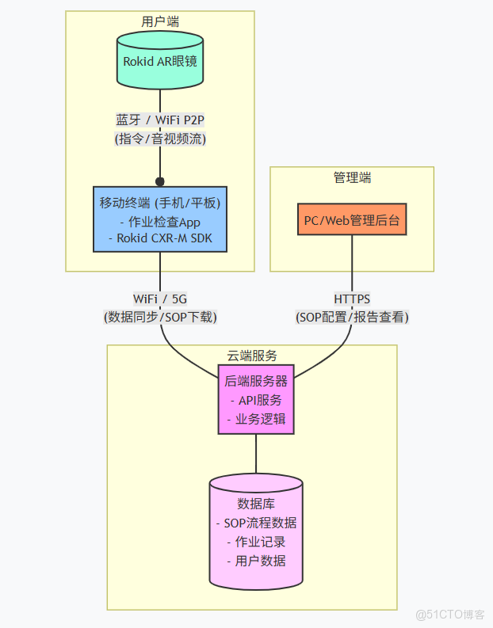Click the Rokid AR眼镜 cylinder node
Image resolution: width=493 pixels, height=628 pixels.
click(159, 60)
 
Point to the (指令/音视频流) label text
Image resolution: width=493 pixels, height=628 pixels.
click(160, 139)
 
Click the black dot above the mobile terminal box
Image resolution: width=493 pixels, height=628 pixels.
click(159, 181)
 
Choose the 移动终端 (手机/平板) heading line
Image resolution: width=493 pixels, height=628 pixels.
click(160, 202)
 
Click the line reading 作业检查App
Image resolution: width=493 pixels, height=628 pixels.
click(160, 221)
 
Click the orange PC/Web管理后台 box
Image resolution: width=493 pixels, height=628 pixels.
click(352, 220)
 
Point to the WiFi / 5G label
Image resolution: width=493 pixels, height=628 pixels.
click(160, 299)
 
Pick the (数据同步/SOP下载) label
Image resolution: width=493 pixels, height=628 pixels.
click(160, 317)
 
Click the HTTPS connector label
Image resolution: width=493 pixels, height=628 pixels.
click(352, 299)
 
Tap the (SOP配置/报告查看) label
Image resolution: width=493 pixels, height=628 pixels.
click(352, 317)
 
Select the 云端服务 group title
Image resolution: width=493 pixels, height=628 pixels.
click(252, 356)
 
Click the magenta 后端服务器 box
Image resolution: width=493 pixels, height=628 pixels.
click(256, 399)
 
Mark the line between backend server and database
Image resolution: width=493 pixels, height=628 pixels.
click(256, 455)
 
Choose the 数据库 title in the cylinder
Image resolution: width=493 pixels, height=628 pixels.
click(256, 504)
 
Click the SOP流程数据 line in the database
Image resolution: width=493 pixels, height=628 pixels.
click(256, 523)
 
